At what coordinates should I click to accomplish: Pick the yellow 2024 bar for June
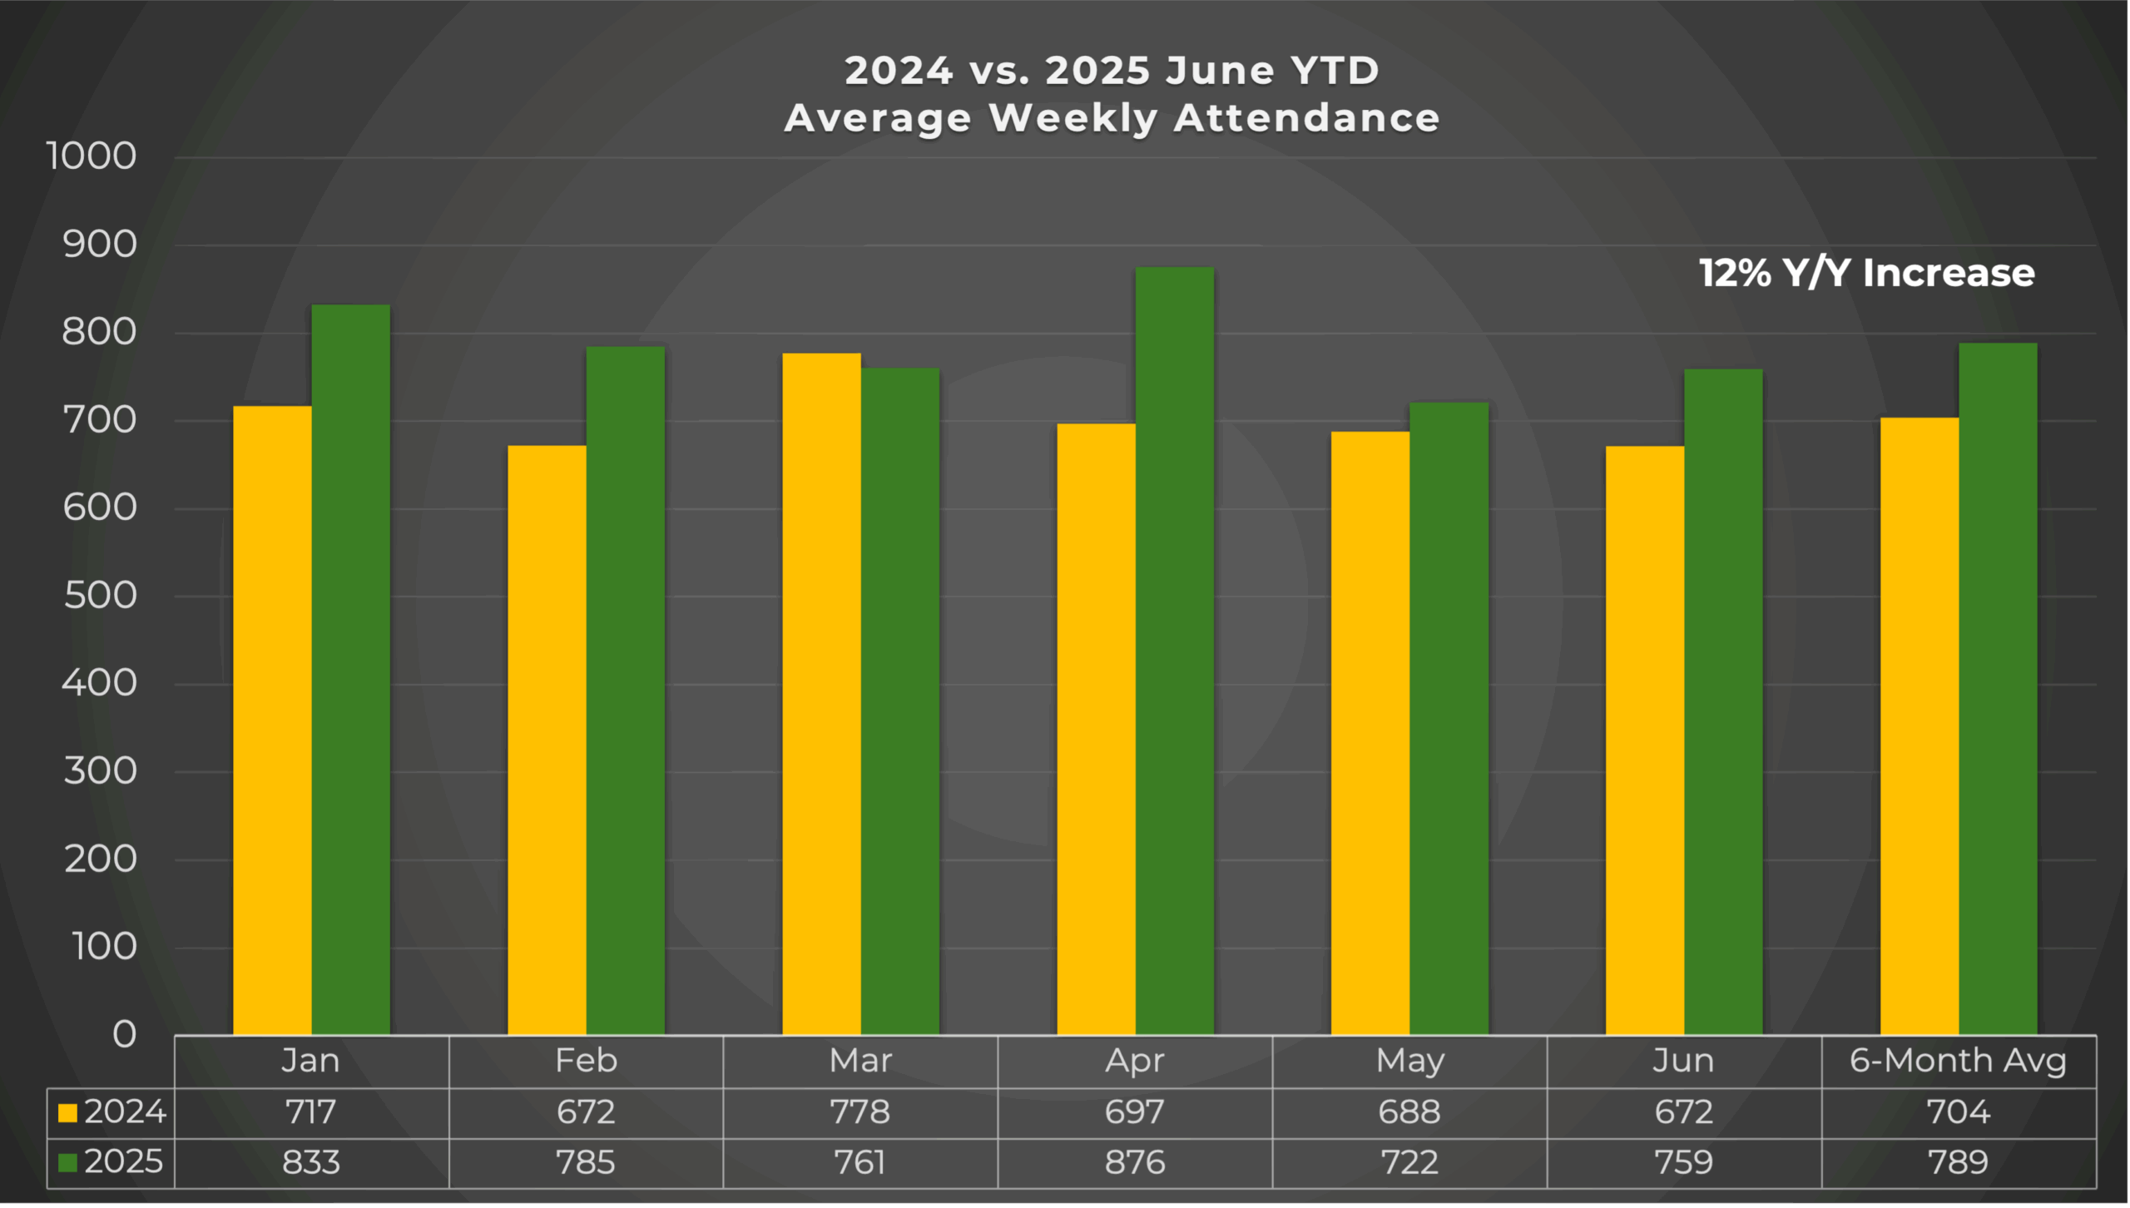click(1644, 740)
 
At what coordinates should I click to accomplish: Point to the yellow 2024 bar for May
click(1370, 733)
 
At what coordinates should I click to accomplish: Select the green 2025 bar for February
click(625, 691)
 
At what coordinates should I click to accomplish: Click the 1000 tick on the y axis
click(92, 156)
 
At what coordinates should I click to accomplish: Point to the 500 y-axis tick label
click(101, 596)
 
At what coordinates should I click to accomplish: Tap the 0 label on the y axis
click(125, 1034)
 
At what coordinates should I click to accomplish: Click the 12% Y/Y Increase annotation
click(1866, 273)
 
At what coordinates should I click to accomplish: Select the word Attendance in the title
click(1306, 118)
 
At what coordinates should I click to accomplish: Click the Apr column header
click(1134, 1061)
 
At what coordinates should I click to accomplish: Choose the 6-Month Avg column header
click(1958, 1061)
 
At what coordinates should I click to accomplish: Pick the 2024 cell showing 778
click(859, 1112)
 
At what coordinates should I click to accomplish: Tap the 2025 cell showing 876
click(1134, 1162)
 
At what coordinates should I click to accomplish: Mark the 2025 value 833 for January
click(310, 1162)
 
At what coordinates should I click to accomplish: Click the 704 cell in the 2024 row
click(1958, 1112)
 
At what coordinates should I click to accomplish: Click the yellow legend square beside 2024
click(67, 1112)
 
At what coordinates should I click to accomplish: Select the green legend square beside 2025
click(67, 1162)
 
